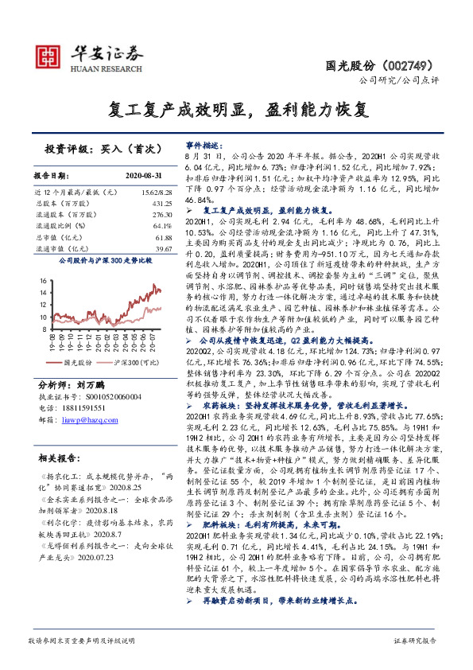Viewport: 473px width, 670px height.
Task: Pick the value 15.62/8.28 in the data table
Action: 156,193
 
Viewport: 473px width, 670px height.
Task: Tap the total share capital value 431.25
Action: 162,204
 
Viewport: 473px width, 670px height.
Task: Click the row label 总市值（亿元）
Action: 60,237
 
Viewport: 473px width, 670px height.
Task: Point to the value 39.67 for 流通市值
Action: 164,248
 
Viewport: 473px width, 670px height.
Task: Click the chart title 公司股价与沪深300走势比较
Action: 104,259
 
